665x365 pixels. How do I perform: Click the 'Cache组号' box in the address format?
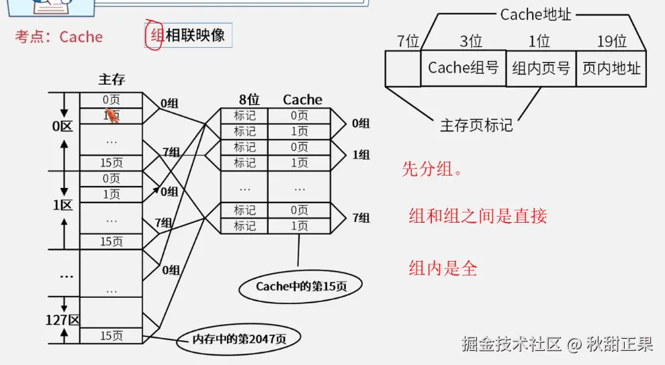point(463,68)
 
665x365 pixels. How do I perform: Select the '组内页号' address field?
point(541,68)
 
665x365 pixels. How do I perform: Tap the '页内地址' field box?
point(611,68)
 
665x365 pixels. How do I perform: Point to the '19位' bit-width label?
point(611,42)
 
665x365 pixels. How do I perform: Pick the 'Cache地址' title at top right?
point(535,15)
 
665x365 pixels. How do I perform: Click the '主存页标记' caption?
point(476,125)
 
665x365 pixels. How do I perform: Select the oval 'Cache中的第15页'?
point(300,286)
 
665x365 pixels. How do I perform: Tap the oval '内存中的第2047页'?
point(239,339)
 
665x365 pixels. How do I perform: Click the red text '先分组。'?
point(433,169)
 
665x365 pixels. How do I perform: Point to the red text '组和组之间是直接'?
point(478,215)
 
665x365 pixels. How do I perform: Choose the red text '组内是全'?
point(443,268)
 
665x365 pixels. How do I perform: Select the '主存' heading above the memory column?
point(112,80)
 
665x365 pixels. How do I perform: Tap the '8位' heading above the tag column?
point(249,100)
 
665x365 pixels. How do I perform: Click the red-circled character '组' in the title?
point(157,36)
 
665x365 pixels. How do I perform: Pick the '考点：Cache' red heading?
point(59,37)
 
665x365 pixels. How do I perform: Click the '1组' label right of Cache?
point(361,155)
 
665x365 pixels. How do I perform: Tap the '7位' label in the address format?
point(408,42)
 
